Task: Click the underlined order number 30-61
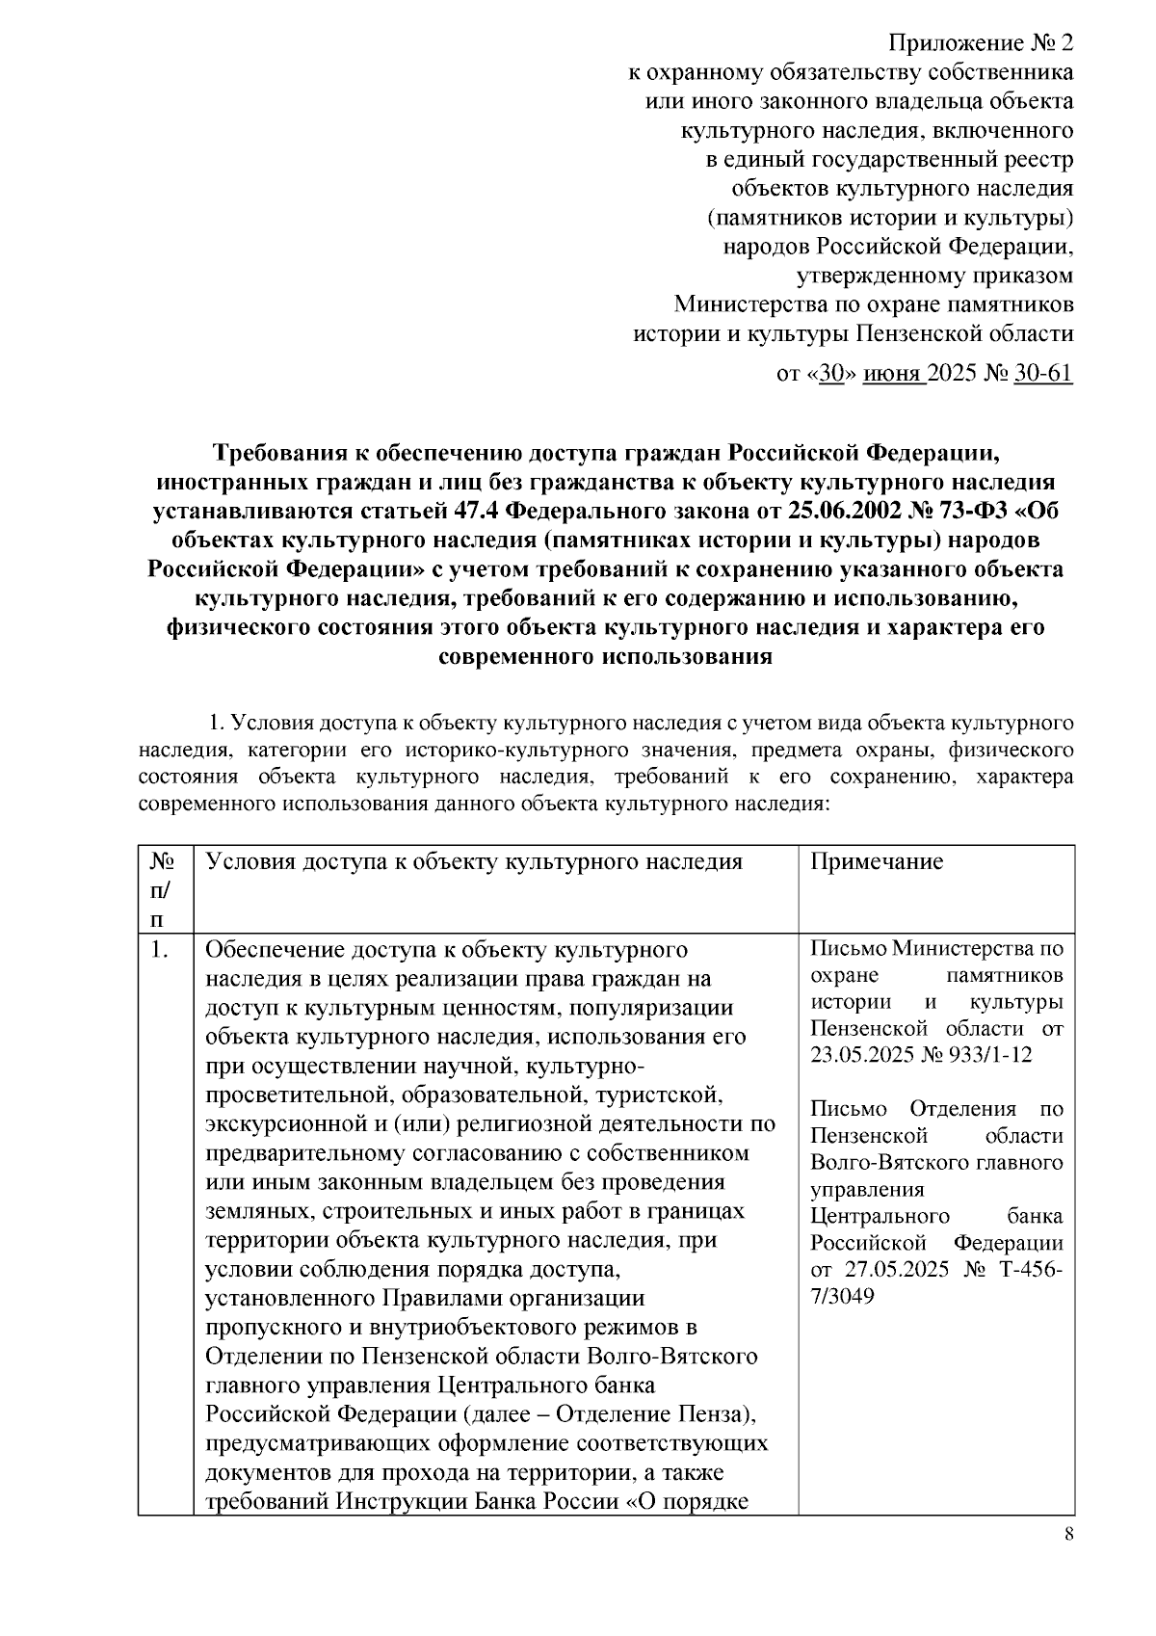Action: (1043, 373)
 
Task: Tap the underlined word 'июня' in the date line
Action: (893, 373)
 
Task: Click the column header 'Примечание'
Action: (877, 861)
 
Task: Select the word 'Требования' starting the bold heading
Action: (279, 452)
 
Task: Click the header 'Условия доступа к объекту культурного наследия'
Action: (475, 861)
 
